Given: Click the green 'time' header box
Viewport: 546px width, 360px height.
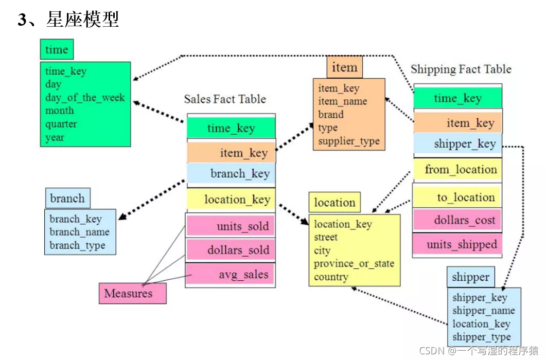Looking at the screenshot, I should coord(57,50).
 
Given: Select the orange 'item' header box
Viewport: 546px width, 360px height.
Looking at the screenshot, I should coord(344,67).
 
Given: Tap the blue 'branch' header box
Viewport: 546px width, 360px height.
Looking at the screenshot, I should coord(67,199).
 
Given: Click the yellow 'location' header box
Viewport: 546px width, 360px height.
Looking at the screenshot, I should coord(334,203).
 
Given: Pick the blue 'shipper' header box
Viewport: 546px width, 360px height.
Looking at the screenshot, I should coord(470,277).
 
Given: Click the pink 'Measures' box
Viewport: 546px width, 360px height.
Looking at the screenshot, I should coord(132,294).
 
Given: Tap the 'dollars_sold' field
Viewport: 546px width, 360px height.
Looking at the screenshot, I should coord(231,250).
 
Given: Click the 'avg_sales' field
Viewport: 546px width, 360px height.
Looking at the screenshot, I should coord(231,274).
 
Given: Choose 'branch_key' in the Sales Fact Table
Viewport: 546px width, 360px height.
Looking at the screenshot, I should coord(231,174).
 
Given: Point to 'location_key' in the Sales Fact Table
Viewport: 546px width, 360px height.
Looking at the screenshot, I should coord(231,200).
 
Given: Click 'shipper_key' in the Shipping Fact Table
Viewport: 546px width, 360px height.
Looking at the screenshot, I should coord(458,144).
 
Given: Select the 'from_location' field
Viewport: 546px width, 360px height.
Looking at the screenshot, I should coord(458,170).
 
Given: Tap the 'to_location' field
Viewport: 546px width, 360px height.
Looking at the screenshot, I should coord(458,197).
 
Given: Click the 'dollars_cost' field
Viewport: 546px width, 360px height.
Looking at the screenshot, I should coord(458,221).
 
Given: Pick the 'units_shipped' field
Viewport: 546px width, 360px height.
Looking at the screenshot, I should coord(458,244).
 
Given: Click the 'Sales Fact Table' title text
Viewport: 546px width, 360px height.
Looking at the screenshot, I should coord(225,99).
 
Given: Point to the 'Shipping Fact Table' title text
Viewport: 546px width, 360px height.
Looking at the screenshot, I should coord(461,69).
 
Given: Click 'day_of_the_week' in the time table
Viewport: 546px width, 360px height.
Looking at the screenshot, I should coord(85,98).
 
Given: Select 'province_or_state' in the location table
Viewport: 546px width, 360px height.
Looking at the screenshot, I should coord(354,264).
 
